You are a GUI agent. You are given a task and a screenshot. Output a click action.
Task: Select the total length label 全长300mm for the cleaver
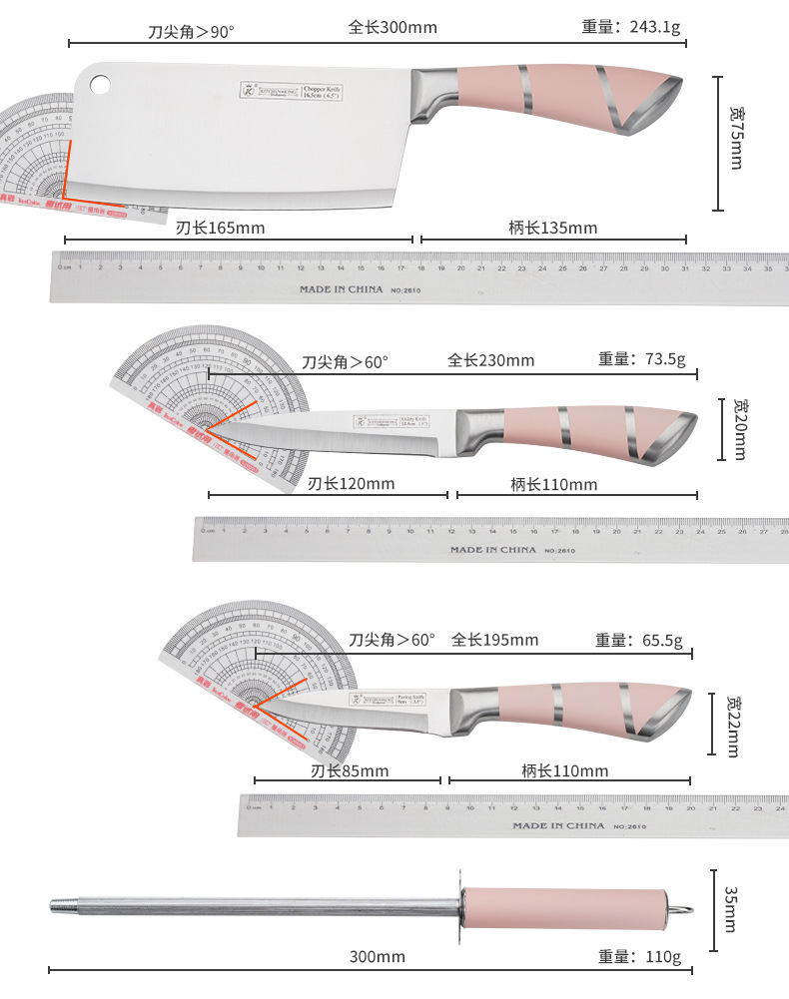pyautogui.click(x=393, y=27)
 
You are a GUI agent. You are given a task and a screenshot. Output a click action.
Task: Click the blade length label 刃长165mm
pyautogui.click(x=221, y=228)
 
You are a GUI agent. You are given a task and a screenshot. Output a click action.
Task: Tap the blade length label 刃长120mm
pyautogui.click(x=351, y=484)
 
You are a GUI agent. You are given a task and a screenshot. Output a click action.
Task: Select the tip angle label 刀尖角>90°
pyautogui.click(x=191, y=32)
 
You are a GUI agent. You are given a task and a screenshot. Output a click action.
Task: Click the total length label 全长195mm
pyautogui.click(x=494, y=640)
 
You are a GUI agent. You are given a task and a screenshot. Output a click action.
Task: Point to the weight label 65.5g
pyautogui.click(x=638, y=640)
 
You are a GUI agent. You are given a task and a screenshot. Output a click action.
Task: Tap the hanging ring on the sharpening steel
pyautogui.click(x=682, y=908)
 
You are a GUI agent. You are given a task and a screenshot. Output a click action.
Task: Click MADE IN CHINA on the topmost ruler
pyautogui.click(x=341, y=289)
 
